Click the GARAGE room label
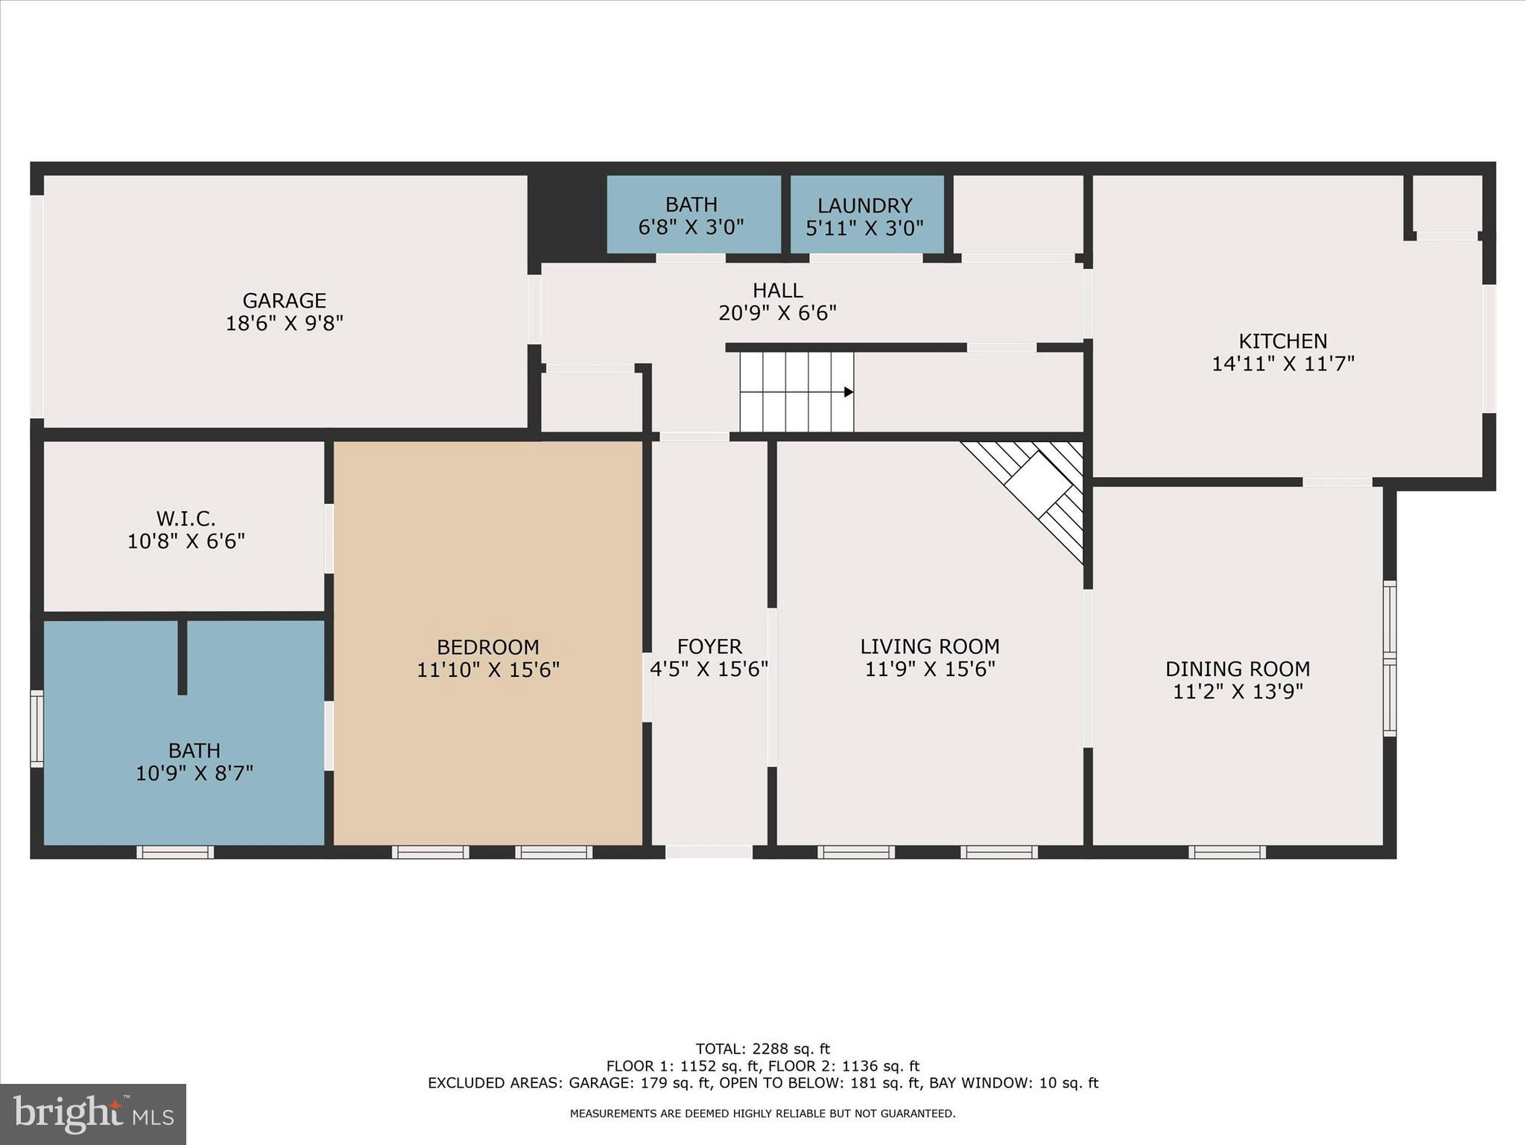coord(284,300)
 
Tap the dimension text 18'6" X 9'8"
coord(284,324)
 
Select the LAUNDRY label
coord(864,206)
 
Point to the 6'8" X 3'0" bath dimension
coord(691,227)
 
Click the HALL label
coord(777,290)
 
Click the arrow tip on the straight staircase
coord(849,392)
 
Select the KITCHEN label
coord(1282,341)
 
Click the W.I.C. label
coord(186,518)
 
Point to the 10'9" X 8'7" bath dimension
coord(194,773)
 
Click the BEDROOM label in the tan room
coord(487,647)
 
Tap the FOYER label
coord(709,646)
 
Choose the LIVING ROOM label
coord(929,646)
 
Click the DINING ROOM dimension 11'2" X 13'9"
coord(1237,692)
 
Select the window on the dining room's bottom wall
coord(1226,852)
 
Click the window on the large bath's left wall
coord(37,728)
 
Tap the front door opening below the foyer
coord(709,852)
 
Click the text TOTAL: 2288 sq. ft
coord(762,1050)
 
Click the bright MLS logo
coord(93,1114)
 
